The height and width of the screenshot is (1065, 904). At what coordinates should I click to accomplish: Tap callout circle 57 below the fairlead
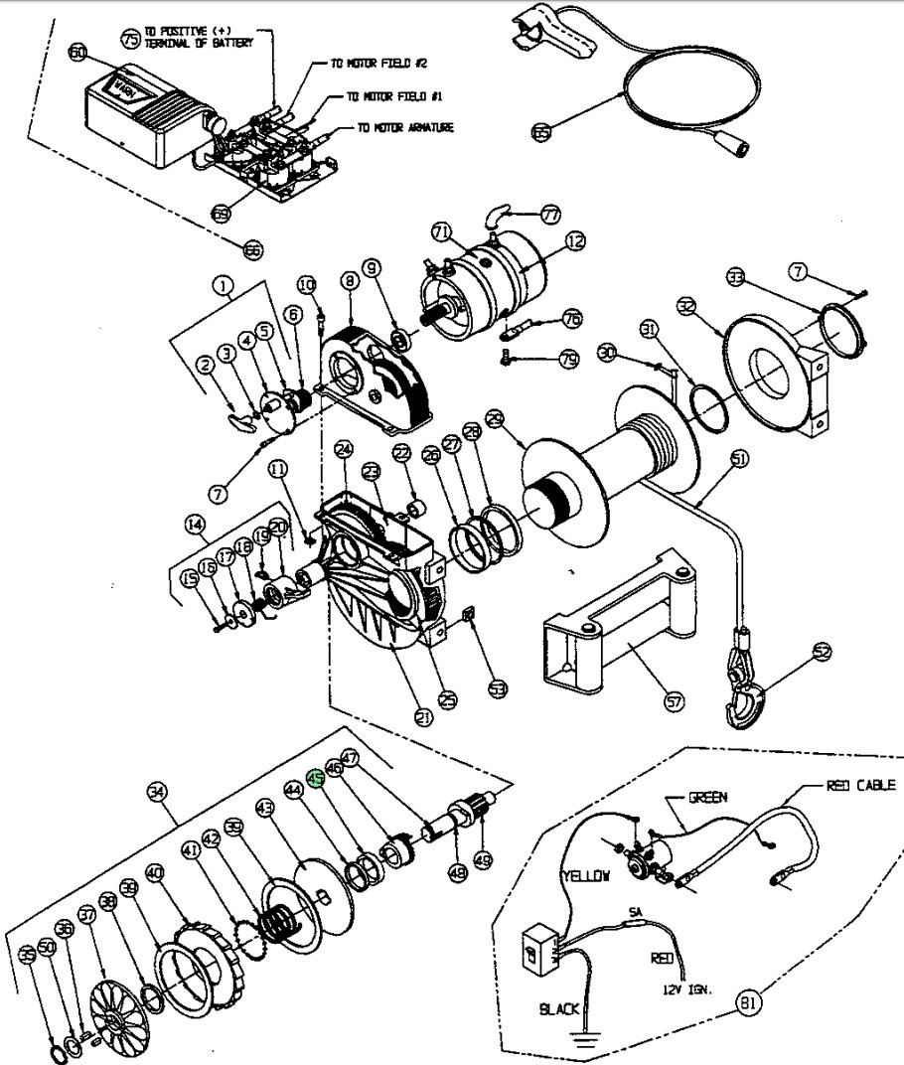click(675, 702)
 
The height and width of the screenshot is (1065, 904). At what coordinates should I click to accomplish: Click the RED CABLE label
click(860, 786)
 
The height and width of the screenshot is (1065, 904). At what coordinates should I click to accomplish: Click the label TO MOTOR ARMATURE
click(406, 128)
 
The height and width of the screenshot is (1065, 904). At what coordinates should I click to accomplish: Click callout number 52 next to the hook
click(821, 652)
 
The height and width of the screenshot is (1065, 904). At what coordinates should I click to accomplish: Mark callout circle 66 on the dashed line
click(253, 251)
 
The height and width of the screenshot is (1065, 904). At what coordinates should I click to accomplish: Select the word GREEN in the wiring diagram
click(709, 798)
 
